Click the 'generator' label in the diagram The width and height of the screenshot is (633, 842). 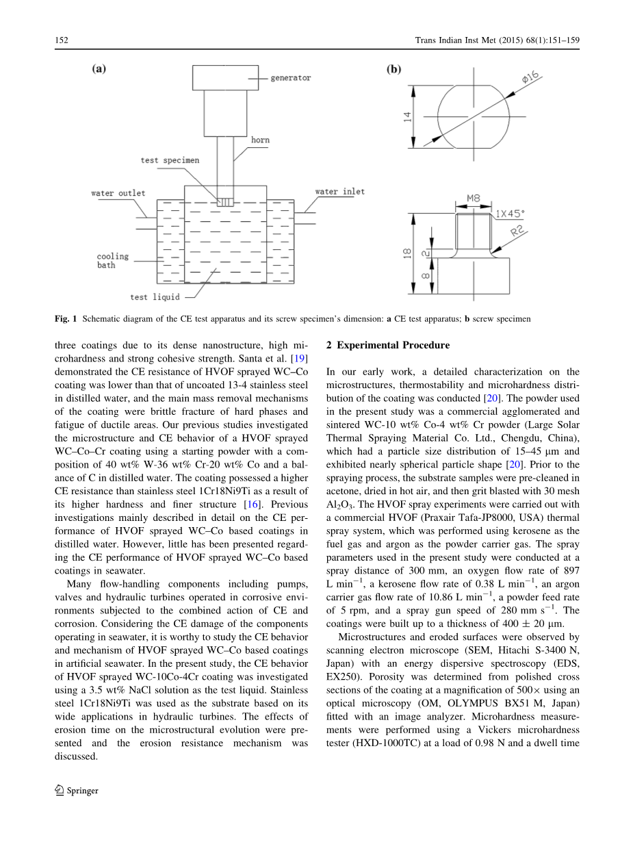[290, 78]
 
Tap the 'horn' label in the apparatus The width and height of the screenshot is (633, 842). [260, 140]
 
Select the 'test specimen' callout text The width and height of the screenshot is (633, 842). [170, 160]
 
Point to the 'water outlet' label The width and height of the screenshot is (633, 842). [118, 193]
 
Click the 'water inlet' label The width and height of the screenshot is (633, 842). [339, 192]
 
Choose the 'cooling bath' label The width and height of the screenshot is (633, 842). [112, 261]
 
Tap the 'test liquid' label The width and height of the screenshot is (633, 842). [155, 297]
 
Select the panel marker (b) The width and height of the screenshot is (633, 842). [395, 69]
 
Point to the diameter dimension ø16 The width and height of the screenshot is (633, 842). [531, 81]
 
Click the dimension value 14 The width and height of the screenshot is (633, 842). [407, 116]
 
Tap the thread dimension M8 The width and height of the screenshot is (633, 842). [473, 199]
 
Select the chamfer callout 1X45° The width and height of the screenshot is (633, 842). [510, 213]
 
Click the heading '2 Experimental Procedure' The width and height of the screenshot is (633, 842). [388, 345]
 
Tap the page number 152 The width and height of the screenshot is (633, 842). [62, 40]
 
